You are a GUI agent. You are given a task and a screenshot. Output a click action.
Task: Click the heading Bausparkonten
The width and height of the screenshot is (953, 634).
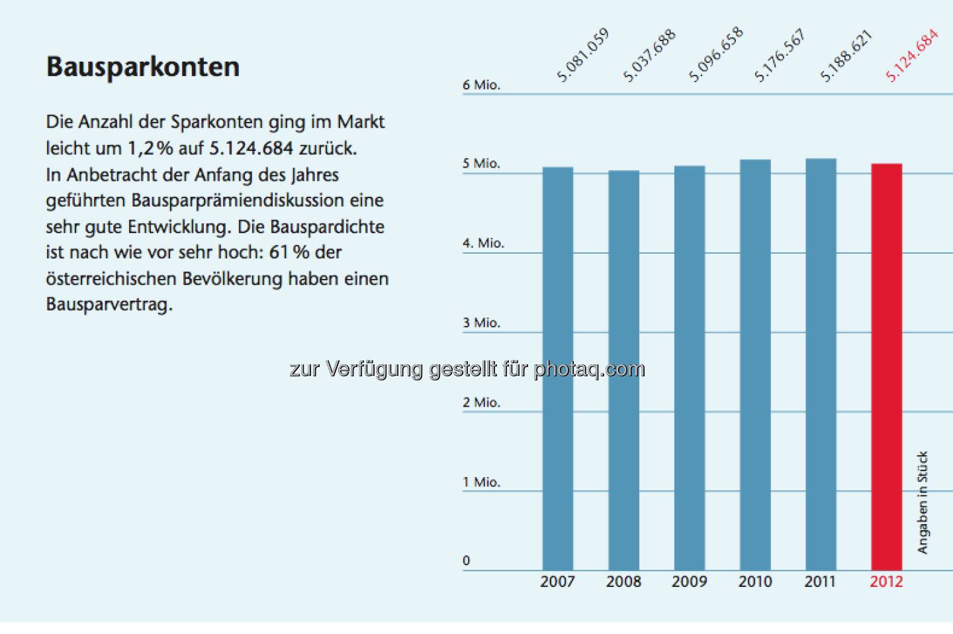(142, 67)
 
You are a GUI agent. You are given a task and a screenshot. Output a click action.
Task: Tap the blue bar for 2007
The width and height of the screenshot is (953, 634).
(558, 368)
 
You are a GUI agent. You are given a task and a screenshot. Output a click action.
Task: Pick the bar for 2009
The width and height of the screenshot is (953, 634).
(689, 368)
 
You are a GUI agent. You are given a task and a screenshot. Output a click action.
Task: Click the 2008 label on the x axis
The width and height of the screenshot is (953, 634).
(623, 582)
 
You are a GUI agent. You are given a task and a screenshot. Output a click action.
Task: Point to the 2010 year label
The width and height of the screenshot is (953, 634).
(755, 582)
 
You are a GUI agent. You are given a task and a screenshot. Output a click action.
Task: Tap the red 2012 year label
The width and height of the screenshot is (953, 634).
(886, 582)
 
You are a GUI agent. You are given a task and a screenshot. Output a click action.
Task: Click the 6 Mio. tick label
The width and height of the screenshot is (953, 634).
(481, 85)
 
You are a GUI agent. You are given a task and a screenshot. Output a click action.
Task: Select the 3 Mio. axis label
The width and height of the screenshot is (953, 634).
(481, 323)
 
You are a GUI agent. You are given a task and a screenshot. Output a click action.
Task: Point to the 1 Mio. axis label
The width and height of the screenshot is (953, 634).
(481, 482)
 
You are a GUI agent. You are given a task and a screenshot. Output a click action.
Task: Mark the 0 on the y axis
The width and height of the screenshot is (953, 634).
(467, 561)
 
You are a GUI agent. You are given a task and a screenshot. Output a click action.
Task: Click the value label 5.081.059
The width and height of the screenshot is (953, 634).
(582, 55)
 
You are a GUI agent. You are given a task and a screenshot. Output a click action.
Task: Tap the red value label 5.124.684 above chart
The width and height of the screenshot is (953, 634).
(912, 55)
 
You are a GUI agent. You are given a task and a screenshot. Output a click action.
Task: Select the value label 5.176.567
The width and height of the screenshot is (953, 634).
(780, 55)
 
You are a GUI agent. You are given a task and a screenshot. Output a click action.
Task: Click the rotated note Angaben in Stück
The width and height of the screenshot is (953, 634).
(923, 502)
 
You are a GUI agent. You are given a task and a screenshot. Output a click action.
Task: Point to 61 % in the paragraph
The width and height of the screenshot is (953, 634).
(289, 252)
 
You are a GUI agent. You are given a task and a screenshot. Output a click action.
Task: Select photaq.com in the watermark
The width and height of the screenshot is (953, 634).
(589, 369)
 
